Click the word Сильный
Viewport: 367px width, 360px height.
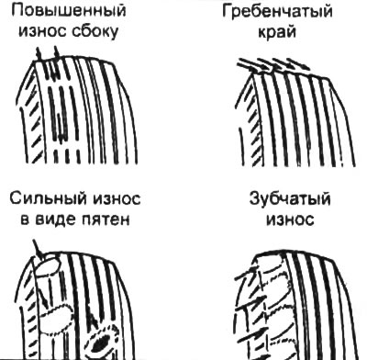tap(47, 199)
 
